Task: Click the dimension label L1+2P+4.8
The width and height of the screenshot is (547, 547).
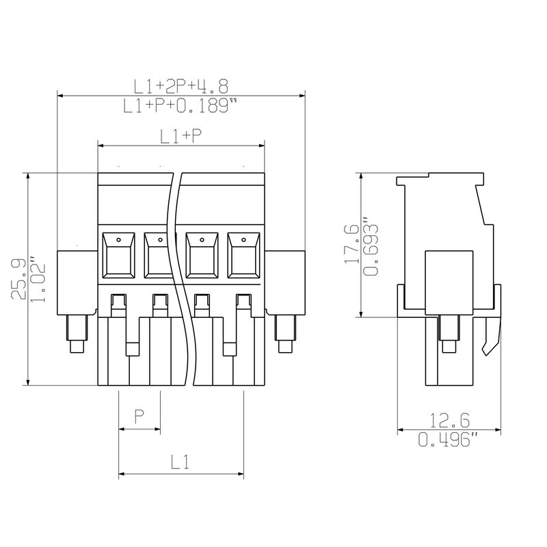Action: pos(181,87)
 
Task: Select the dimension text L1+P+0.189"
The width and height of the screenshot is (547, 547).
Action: pos(181,105)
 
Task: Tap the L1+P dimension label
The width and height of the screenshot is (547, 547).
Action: pos(181,136)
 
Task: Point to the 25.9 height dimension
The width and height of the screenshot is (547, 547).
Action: pos(18,279)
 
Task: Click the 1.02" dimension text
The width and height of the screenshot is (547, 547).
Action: pos(38,280)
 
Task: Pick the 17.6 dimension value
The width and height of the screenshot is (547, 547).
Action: pos(351,244)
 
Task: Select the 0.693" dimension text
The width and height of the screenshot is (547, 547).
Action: pos(371,247)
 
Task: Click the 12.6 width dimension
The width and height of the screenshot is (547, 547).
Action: pos(449,420)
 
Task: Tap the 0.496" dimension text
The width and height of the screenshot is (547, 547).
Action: pos(449,439)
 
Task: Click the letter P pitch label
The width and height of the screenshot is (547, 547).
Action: pos(139,416)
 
